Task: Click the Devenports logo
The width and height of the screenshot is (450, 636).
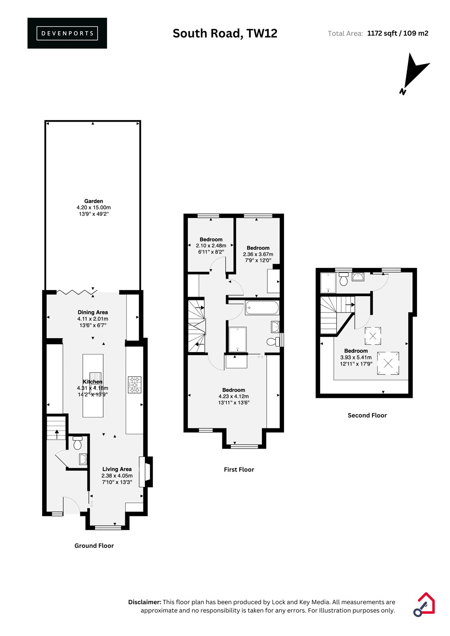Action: tap(67, 33)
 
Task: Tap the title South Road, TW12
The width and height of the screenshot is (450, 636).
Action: tap(225, 33)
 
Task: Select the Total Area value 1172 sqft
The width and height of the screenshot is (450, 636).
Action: tap(382, 33)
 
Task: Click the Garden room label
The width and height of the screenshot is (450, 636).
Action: tap(94, 201)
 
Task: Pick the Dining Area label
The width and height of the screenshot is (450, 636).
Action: tap(93, 312)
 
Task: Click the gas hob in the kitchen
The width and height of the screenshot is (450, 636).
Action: tap(134, 385)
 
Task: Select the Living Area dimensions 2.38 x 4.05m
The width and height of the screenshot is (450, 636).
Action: tap(117, 475)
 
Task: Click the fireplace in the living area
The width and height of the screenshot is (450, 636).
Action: tap(146, 471)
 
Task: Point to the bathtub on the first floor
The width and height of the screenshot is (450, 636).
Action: tap(262, 308)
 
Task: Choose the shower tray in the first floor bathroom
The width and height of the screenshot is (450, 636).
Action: tap(238, 339)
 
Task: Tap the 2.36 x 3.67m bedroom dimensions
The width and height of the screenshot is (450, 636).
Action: tap(258, 254)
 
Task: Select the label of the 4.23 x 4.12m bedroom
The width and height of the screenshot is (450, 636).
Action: tap(234, 390)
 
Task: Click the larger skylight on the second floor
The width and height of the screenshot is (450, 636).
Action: tap(388, 363)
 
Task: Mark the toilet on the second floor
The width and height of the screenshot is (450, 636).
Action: tap(343, 279)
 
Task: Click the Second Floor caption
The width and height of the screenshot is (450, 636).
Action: tap(367, 415)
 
